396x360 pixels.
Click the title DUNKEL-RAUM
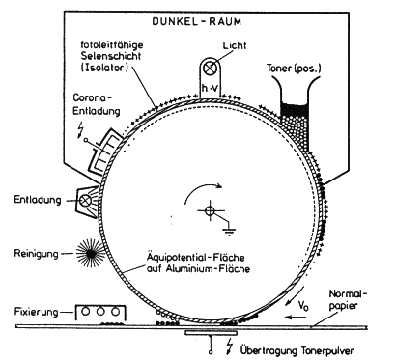coord(196,21)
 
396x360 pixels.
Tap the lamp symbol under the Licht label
coord(211,68)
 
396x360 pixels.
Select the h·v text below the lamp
coord(210,88)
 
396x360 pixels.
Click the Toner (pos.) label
coord(294,69)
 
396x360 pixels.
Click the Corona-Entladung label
coord(97,104)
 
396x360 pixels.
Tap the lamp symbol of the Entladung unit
coord(85,201)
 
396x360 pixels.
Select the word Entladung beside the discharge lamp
coord(38,200)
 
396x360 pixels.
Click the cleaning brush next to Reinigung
coord(91,254)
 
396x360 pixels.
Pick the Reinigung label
coord(37,254)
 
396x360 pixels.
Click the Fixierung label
coord(37,312)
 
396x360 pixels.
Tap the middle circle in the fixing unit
coord(100,312)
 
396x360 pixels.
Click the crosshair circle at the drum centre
coord(211,210)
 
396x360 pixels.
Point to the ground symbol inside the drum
coord(229,232)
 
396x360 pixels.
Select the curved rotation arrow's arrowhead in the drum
coord(219,185)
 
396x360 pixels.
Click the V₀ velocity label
coord(303,305)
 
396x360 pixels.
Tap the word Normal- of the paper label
coord(348,294)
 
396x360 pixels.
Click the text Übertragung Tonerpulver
coord(297,350)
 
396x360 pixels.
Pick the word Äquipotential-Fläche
coord(195,258)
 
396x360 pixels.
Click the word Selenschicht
coord(111,56)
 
